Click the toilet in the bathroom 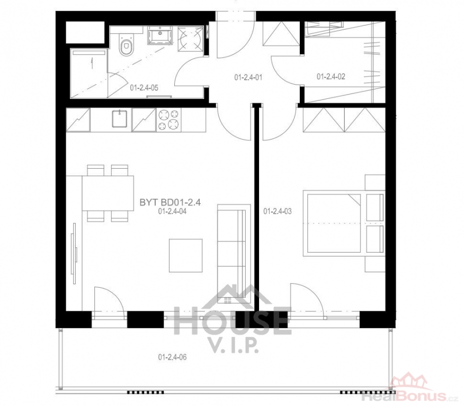tap(127, 44)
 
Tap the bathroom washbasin tap(160, 35)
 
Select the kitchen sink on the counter tap(119, 119)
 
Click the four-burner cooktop tap(168, 120)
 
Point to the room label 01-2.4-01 tap(248, 78)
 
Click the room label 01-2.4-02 tap(331, 77)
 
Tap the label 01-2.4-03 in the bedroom tap(277, 211)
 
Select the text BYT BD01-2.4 tap(170, 202)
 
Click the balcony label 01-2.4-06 tap(172, 357)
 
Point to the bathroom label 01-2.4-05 tap(144, 88)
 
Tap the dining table tap(108, 193)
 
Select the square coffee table tap(186, 255)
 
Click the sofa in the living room tap(234, 254)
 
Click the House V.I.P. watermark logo tap(231, 318)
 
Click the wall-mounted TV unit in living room tap(74, 253)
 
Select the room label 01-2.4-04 tap(172, 211)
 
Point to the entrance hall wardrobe tap(281, 34)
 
